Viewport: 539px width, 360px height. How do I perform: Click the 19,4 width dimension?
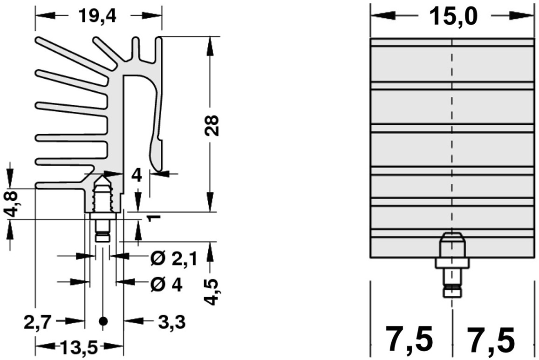coord(97,15)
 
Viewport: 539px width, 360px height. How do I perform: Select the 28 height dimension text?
coord(212,125)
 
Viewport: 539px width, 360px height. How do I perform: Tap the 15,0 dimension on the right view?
coord(453,16)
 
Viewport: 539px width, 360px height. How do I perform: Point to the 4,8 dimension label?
coord(12,204)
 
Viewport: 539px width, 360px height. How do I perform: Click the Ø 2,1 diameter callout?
coord(174,258)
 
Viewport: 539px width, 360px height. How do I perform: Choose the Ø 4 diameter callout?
coord(166,284)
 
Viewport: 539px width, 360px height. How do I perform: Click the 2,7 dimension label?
coord(38,323)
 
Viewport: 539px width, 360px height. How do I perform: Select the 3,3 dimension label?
coord(172,323)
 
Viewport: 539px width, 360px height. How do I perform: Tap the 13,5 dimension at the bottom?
coord(80,347)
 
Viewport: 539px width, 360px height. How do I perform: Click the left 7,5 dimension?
coord(409,339)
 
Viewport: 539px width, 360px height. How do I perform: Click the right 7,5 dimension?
coord(491,339)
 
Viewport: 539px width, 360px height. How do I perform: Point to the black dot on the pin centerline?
coord(103,321)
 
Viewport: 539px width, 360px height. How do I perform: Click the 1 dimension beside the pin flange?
coord(154,217)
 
